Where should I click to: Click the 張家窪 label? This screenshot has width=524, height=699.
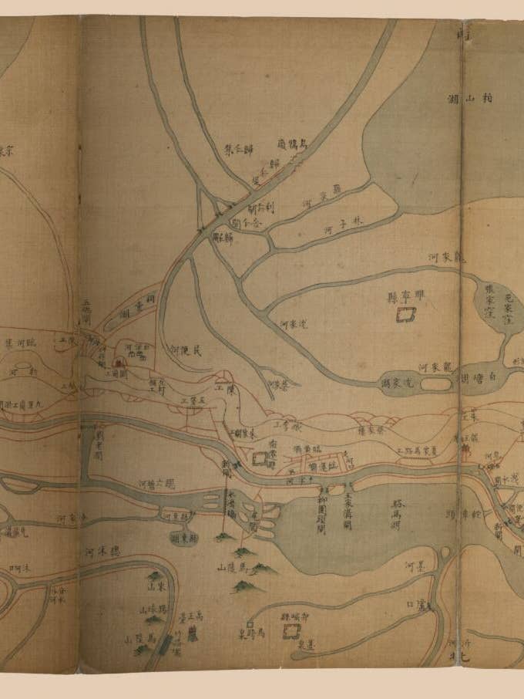coord(489,298)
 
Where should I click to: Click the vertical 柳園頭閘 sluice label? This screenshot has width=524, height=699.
coord(321,512)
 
